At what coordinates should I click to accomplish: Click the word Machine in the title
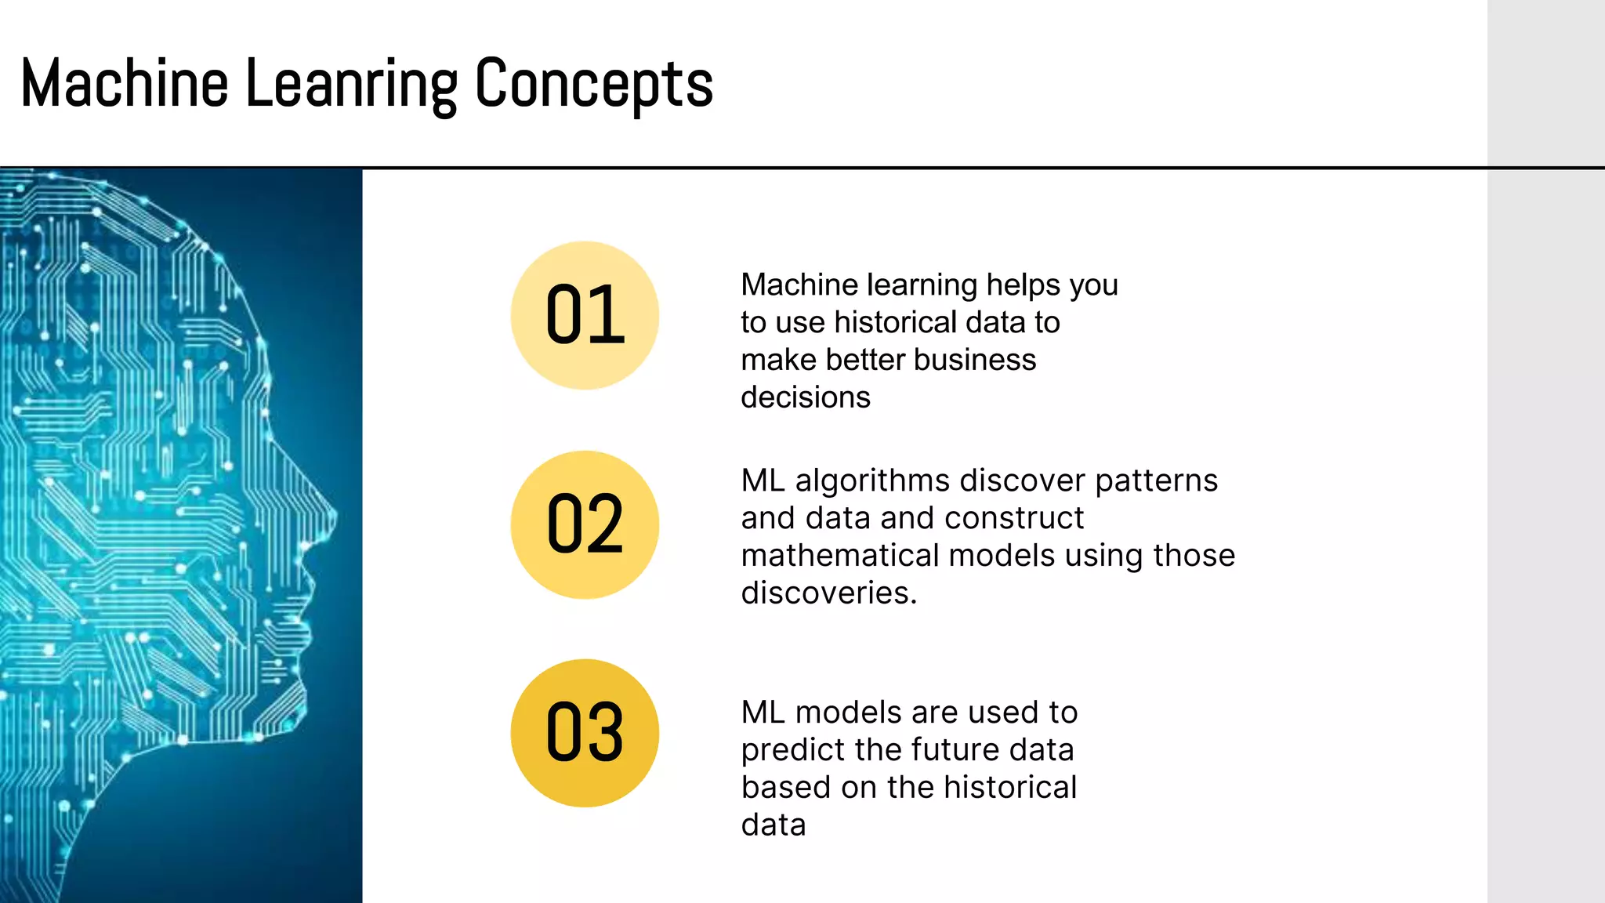(124, 84)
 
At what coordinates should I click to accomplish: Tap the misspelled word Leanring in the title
(351, 84)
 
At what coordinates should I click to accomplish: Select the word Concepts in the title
(594, 84)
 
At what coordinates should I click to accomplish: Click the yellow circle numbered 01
(585, 315)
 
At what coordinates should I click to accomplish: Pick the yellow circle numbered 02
(585, 524)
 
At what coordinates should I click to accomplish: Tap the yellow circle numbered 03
(585, 733)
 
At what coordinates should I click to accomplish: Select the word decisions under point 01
(806, 397)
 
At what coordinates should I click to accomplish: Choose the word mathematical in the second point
(839, 556)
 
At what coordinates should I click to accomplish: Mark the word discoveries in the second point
(828, 593)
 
